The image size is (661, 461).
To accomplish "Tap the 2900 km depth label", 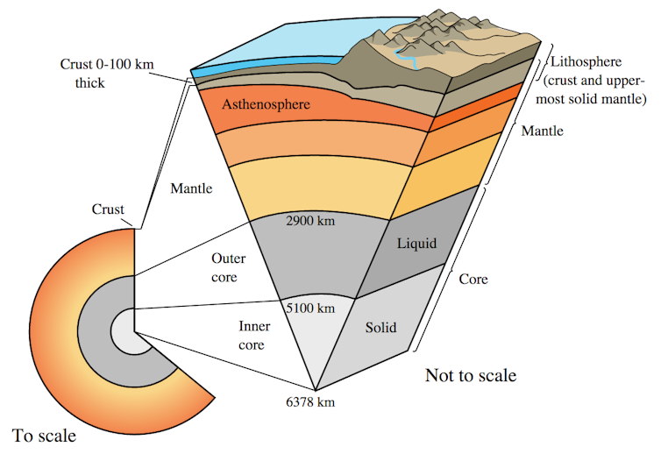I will pyautogui.click(x=311, y=221).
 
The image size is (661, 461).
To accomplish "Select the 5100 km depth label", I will pyautogui.click(x=311, y=308).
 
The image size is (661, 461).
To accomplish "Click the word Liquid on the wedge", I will pyautogui.click(x=416, y=242).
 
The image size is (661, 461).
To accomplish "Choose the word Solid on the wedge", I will pyautogui.click(x=380, y=329).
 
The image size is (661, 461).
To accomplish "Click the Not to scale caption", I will pyautogui.click(x=471, y=377).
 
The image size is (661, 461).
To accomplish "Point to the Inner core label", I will pyautogui.click(x=253, y=335).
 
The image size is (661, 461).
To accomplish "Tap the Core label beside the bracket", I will pyautogui.click(x=473, y=280).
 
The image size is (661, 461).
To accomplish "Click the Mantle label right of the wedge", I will pyautogui.click(x=542, y=131).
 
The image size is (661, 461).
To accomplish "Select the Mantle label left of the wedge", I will pyautogui.click(x=191, y=188).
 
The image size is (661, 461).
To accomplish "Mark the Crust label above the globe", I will pyautogui.click(x=109, y=209).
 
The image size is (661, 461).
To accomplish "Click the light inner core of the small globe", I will pyautogui.click(x=123, y=332).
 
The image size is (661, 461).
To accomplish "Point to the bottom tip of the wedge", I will pyautogui.click(x=314, y=389).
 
